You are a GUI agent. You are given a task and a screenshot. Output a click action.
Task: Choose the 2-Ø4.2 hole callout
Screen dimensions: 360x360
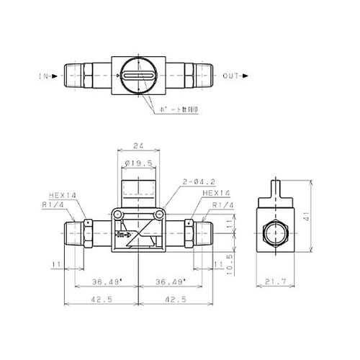(x=180, y=184)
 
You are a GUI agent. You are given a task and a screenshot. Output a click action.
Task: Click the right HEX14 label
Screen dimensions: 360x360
(x=215, y=193)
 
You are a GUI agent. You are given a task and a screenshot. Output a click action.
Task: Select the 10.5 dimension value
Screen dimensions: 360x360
(x=228, y=257)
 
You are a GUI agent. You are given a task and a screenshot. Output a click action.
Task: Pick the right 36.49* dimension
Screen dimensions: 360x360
(x=170, y=282)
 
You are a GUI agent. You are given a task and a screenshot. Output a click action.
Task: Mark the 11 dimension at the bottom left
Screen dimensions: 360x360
(x=56, y=265)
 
